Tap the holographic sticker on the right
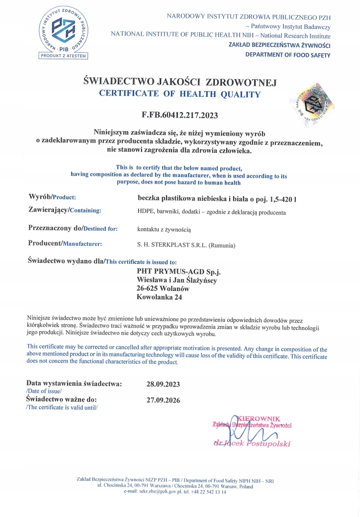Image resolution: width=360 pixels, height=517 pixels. point(312,102)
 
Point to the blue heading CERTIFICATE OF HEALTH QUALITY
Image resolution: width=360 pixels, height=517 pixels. point(180,94)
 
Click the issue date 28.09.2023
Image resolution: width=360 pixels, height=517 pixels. point(163,384)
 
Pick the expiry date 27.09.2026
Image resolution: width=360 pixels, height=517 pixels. point(163,400)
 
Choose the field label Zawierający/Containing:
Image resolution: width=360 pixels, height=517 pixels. point(65,210)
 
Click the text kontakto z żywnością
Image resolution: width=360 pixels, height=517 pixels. point(164,229)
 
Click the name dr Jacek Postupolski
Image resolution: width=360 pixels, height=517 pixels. point(252,444)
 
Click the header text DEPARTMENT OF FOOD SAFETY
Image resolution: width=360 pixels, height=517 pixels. point(288,55)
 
